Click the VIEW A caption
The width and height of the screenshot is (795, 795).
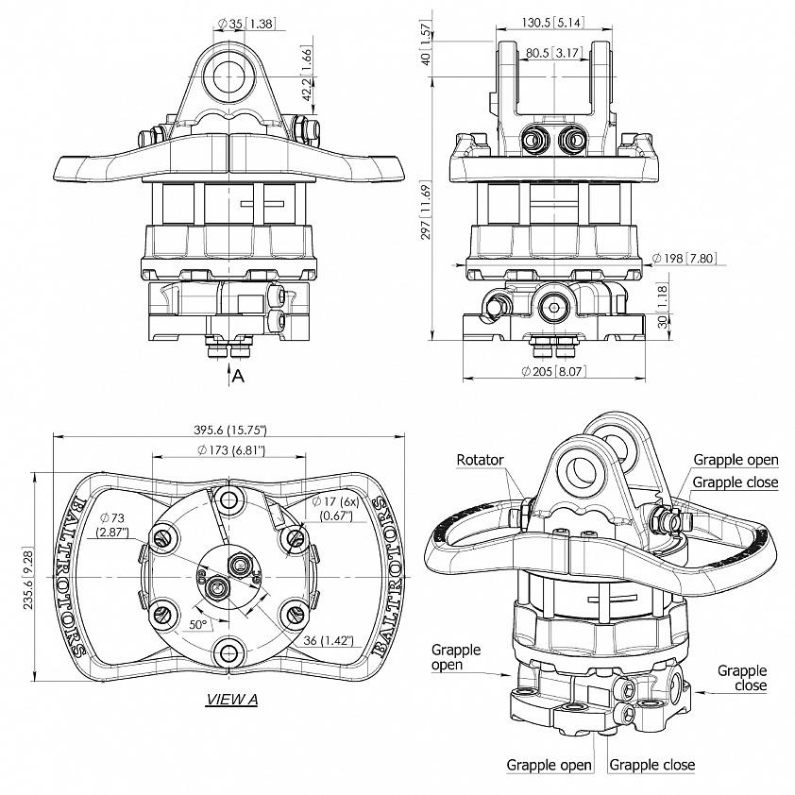point(231,700)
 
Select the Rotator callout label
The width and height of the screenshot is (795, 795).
point(481,460)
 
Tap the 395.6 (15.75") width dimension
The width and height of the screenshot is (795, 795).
point(230,430)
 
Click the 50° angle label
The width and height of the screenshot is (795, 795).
point(198,625)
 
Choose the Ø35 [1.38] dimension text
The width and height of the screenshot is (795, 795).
point(245,24)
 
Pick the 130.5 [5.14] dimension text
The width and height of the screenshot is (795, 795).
point(552,23)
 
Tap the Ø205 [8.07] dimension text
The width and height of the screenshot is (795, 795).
point(553,372)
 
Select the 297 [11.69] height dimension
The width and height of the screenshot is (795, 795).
point(427,211)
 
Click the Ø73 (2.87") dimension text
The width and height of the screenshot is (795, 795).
point(113,525)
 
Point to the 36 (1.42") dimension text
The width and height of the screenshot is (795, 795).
point(328,640)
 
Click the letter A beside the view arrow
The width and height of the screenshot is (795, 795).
point(238,376)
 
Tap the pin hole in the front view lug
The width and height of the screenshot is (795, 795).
point(229,77)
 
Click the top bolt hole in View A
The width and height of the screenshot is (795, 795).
point(229,499)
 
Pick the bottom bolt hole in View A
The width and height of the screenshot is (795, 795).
point(229,653)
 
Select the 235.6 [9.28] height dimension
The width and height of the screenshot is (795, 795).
point(28,578)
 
